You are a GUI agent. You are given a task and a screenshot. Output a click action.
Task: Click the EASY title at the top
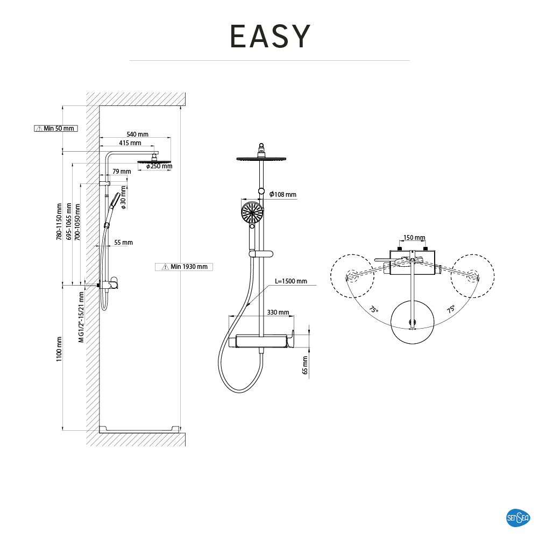[x=270, y=36]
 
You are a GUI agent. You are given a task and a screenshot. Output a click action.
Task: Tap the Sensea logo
[x=519, y=518]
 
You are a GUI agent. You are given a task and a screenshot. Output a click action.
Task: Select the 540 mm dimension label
[x=138, y=134]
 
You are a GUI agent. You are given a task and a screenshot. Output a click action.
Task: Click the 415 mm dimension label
[x=130, y=143]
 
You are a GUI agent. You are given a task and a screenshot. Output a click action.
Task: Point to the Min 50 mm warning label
[x=55, y=128]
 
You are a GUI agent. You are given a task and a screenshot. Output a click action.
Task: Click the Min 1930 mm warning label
[x=184, y=267]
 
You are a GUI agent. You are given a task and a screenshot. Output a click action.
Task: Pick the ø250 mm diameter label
[x=159, y=167]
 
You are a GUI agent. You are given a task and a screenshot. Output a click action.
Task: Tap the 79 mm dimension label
[x=122, y=172]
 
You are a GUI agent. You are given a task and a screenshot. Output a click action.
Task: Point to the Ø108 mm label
[x=283, y=194]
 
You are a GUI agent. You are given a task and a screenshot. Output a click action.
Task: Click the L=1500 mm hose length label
[x=291, y=281]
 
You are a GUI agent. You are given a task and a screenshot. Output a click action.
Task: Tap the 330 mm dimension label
[x=278, y=312]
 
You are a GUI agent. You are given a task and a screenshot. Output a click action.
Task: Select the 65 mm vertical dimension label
[x=305, y=365]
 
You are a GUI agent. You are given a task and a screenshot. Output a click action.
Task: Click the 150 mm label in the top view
[x=414, y=237]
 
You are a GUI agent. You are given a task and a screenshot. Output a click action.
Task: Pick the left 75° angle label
[x=374, y=310]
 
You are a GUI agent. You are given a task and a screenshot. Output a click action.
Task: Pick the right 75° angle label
[x=451, y=309]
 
